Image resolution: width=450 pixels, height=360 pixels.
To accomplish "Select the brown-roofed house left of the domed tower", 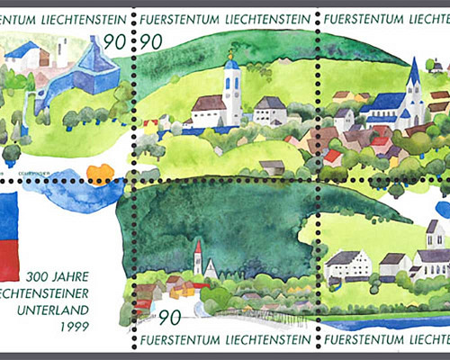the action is point(209,107).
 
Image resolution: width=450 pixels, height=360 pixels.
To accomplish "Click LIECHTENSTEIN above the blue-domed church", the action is point(269,17).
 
